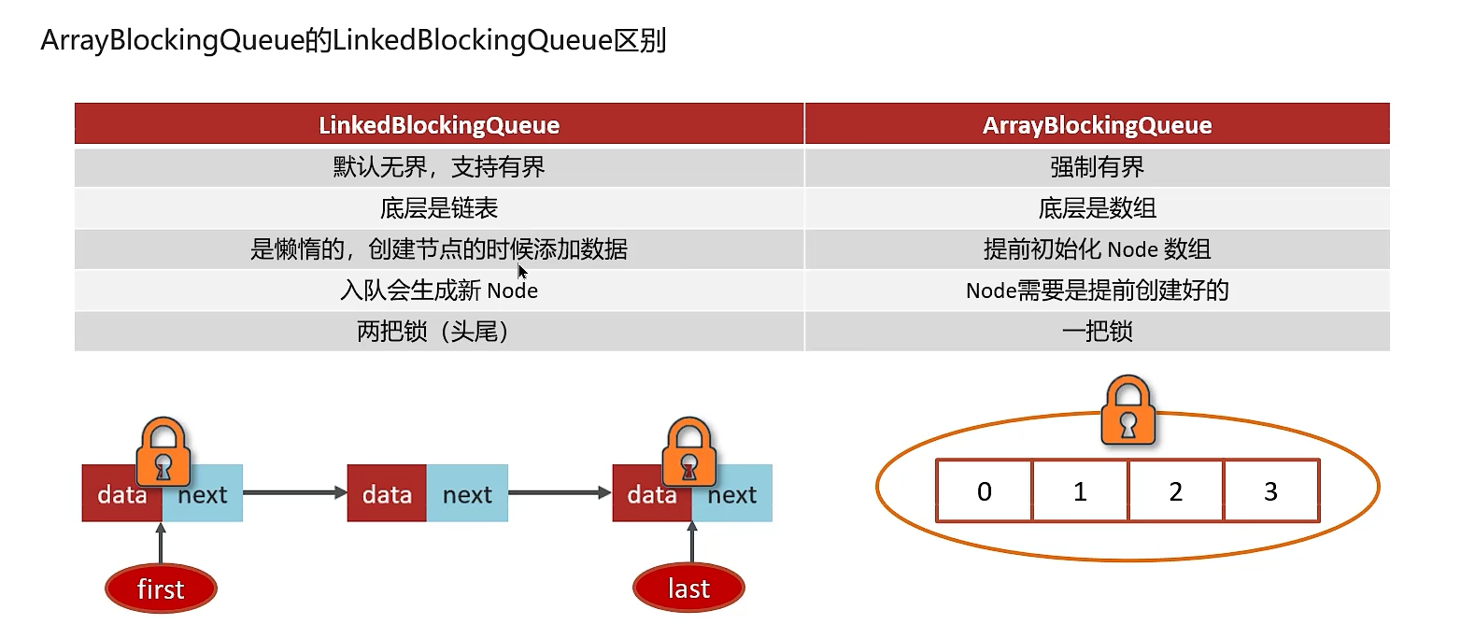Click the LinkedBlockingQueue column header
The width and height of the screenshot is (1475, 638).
[439, 124]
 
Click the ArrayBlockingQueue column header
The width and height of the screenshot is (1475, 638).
[1097, 124]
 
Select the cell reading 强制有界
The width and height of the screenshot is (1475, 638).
[1097, 167]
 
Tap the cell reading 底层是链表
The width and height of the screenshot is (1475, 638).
[439, 208]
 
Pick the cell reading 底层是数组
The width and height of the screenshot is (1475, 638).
[1097, 208]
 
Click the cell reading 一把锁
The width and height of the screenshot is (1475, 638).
[1097, 332]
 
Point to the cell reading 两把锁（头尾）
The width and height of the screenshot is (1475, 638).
[439, 332]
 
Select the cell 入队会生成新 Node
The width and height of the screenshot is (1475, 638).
[439, 291]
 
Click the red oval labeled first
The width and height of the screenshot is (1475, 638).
[161, 588]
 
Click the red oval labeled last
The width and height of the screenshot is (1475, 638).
[688, 588]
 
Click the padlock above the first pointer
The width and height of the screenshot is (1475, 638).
[163, 452]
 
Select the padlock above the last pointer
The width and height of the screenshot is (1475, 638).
[688, 452]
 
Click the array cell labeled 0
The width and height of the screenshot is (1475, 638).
[985, 491]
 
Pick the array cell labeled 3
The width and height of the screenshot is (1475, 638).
[1271, 491]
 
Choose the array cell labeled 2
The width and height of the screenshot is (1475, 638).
[1176, 491]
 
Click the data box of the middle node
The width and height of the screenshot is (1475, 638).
[387, 493]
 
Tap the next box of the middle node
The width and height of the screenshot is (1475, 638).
[467, 493]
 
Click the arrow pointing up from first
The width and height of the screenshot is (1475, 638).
[161, 544]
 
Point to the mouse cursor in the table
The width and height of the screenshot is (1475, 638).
[522, 272]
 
